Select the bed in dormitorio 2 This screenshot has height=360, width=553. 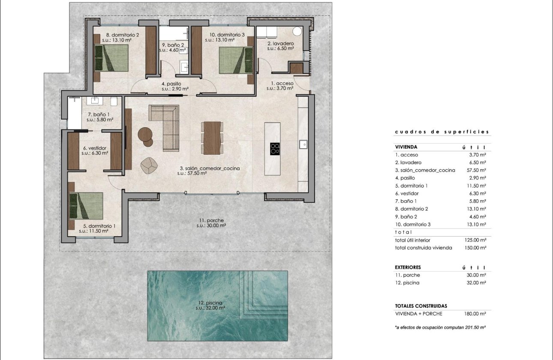click(111, 58)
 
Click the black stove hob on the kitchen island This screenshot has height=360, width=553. click(275, 148)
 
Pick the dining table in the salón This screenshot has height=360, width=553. click(212, 138)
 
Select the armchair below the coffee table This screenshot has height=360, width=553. click(149, 166)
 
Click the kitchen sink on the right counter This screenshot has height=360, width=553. click(303, 144)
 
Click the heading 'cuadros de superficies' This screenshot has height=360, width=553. click(442, 132)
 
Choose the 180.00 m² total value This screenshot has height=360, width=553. click(475, 314)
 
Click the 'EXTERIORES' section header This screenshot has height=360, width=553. click(408, 267)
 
